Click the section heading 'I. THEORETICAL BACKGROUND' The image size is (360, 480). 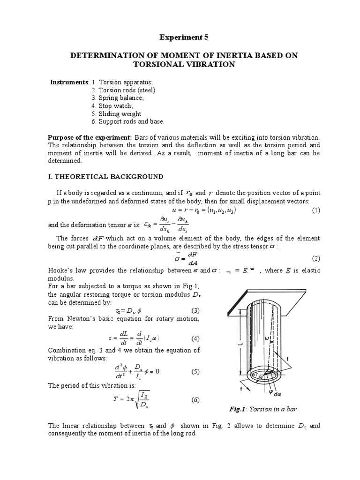tap(105, 177)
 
